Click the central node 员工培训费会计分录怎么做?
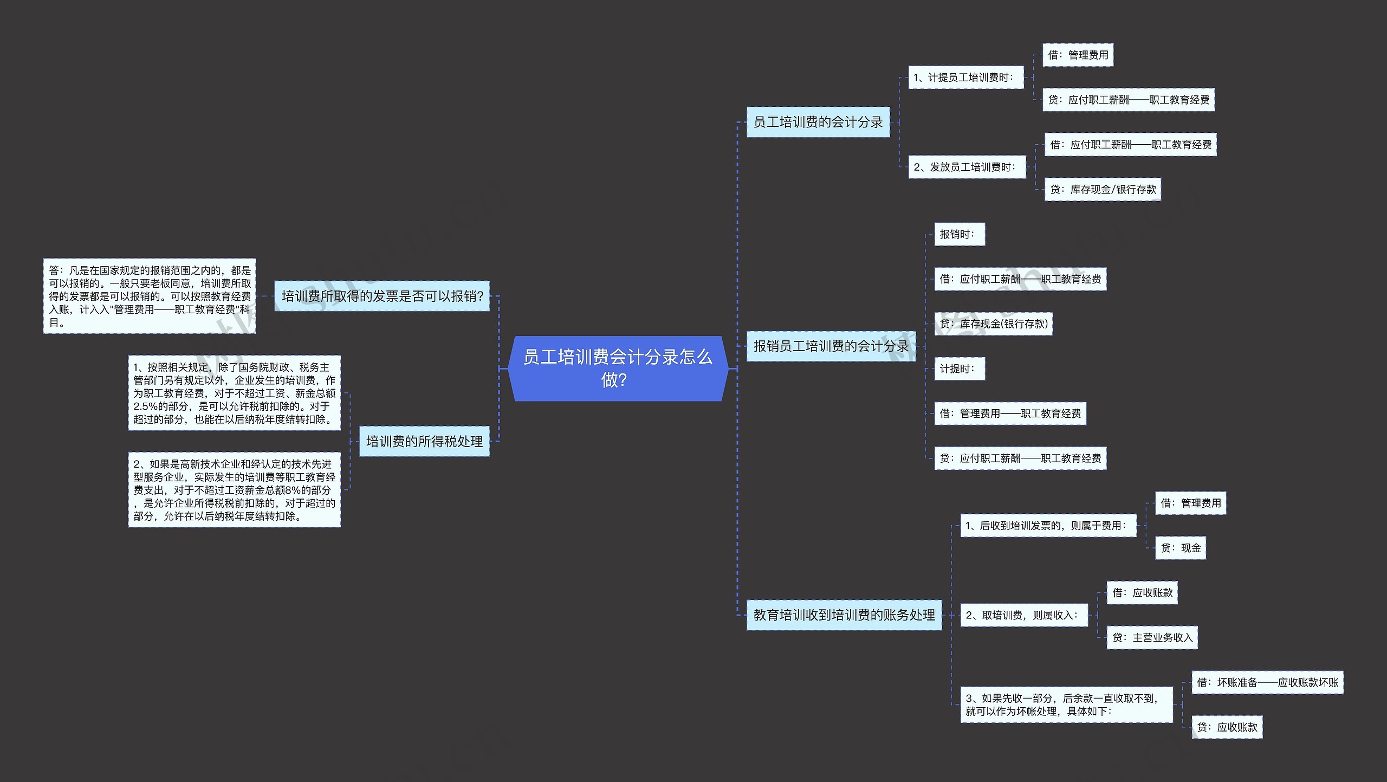(x=618, y=369)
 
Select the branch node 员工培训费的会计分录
(x=818, y=122)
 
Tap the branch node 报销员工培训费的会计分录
(x=831, y=346)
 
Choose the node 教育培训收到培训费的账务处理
(x=844, y=615)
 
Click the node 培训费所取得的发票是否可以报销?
(x=381, y=296)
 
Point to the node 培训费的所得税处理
(x=424, y=441)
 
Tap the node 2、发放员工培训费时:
(x=967, y=167)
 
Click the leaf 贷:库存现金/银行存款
(x=1102, y=189)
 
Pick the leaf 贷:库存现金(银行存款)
(x=993, y=324)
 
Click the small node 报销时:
(x=959, y=234)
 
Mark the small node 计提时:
(x=959, y=369)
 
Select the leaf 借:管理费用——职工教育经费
(x=1010, y=413)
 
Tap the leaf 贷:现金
(x=1180, y=548)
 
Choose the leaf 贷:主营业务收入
(x=1152, y=637)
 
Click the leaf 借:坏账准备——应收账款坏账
(x=1267, y=682)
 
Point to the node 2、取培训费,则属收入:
(x=1023, y=615)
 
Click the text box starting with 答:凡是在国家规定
(x=150, y=296)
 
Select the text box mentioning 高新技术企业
(x=234, y=489)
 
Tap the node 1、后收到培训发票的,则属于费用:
(x=1048, y=526)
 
